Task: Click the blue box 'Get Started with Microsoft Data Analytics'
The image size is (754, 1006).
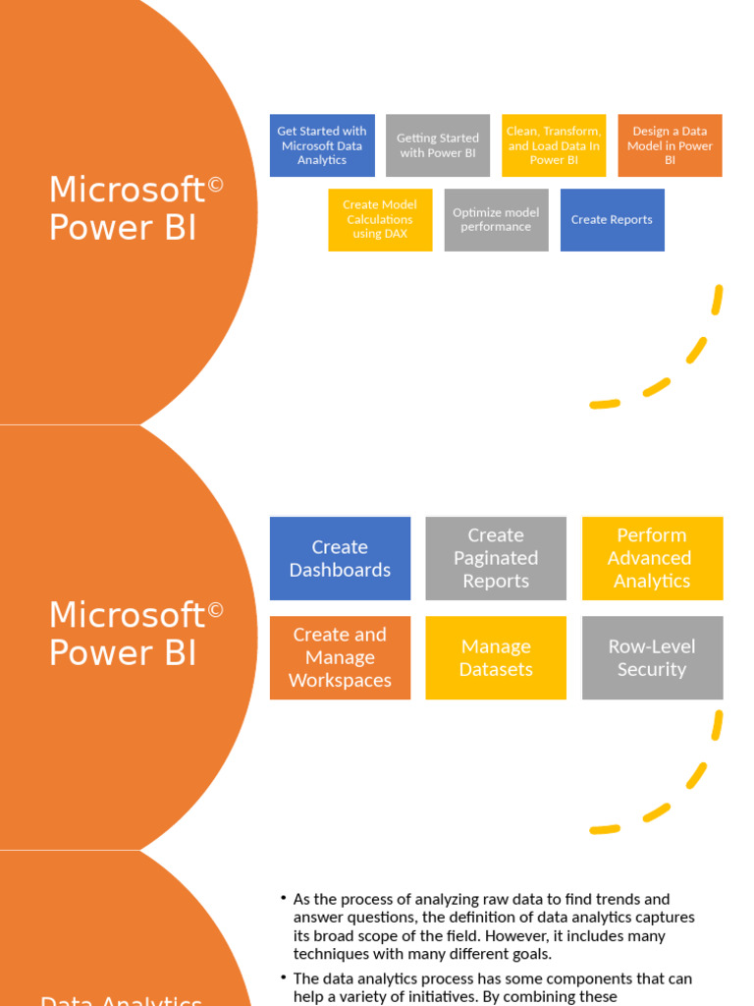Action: point(322,145)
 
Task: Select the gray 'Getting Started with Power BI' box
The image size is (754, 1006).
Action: point(438,145)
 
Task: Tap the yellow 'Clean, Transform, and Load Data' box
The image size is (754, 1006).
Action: point(554,145)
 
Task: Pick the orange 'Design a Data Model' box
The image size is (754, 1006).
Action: point(670,145)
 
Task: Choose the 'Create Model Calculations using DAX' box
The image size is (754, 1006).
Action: point(380,219)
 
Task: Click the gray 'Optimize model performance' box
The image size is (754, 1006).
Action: point(496,219)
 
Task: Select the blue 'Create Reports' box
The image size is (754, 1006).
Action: point(612,219)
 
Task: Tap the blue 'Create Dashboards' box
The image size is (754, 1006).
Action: point(340,558)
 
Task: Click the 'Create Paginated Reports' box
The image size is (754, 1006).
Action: point(496,558)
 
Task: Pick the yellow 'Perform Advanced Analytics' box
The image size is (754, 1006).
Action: point(652,558)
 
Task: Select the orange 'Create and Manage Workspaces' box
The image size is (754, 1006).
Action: point(340,657)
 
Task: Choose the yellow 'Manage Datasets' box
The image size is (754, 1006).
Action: point(496,657)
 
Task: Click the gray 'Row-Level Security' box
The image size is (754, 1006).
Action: point(652,657)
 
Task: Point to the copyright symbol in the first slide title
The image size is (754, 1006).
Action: point(216,184)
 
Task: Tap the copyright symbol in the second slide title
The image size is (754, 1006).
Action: point(216,610)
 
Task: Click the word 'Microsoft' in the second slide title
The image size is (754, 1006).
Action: point(127,616)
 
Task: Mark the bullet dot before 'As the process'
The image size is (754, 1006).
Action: point(283,898)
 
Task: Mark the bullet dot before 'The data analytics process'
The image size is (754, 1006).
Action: point(283,978)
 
